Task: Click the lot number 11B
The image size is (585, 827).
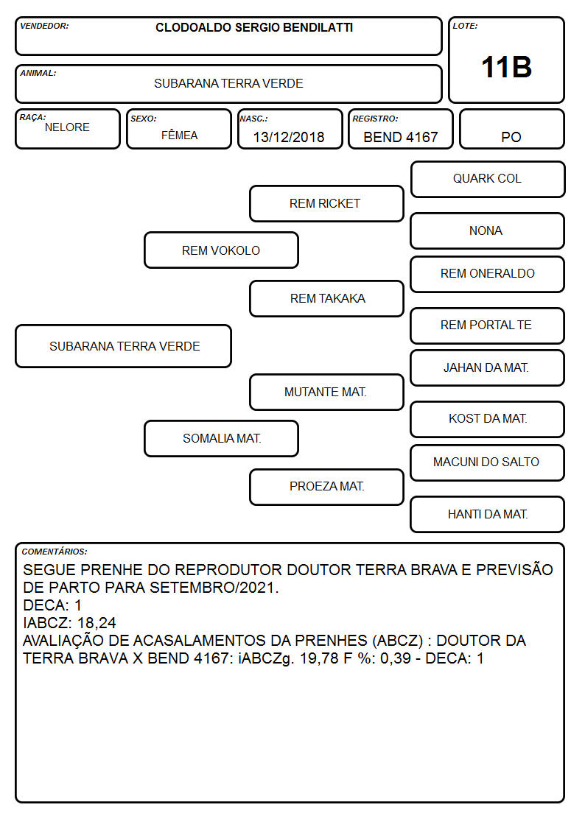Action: click(x=506, y=68)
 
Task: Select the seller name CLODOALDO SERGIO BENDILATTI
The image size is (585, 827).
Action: click(x=254, y=28)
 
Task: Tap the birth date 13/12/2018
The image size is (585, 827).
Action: click(x=289, y=137)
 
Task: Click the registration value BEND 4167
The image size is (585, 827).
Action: click(x=400, y=137)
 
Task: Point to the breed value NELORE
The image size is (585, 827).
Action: click(x=67, y=127)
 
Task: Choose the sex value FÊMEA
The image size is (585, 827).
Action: click(x=179, y=135)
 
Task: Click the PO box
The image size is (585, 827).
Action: click(x=511, y=129)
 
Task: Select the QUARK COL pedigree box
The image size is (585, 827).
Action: click(x=488, y=180)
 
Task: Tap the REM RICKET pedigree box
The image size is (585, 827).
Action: click(x=326, y=203)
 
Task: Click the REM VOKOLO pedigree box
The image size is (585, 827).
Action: click(x=221, y=250)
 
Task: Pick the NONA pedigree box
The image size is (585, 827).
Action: click(x=488, y=230)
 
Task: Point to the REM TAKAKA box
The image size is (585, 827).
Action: click(x=326, y=298)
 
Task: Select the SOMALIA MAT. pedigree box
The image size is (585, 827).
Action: click(x=221, y=438)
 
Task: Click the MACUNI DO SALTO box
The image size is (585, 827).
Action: click(x=488, y=462)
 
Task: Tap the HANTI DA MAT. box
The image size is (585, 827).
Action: click(x=488, y=514)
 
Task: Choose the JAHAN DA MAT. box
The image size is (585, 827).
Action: click(x=488, y=367)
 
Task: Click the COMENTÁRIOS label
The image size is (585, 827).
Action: click(x=55, y=552)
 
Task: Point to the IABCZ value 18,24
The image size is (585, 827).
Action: click(x=97, y=623)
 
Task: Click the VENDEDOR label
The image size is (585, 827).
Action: click(x=44, y=26)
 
